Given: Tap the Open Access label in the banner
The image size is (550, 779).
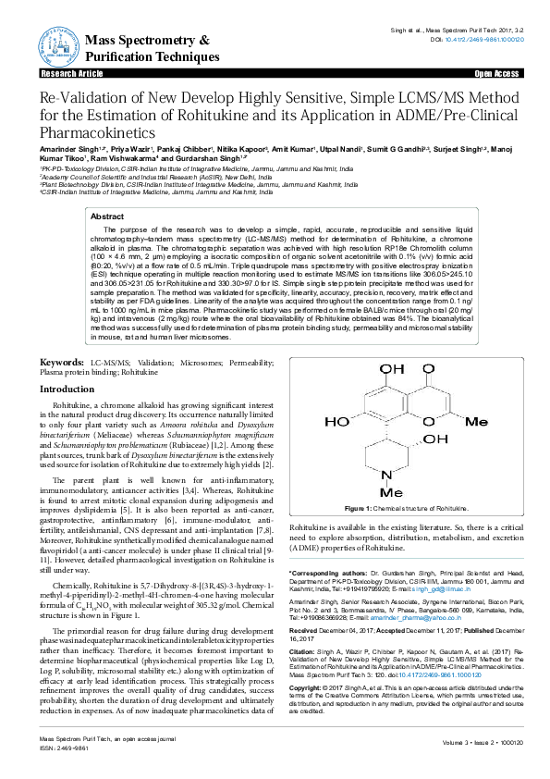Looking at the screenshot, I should (495, 72).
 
